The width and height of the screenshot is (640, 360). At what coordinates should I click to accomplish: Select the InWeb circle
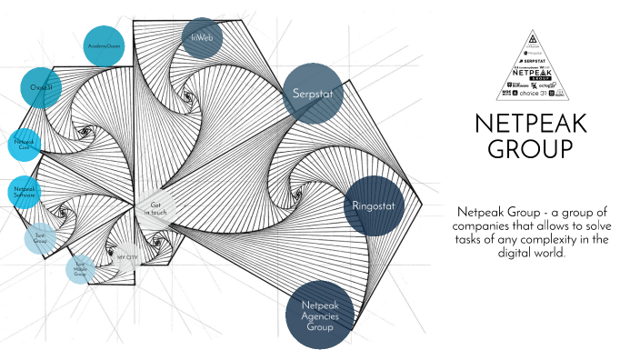[x=202, y=36]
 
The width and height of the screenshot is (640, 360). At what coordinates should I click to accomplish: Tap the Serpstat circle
[x=312, y=93]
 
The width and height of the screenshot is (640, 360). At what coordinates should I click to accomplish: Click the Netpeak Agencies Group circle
[x=319, y=315]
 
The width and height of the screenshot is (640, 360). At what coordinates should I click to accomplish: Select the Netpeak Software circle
[x=25, y=192]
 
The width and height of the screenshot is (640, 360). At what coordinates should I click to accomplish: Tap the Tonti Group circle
[x=40, y=238]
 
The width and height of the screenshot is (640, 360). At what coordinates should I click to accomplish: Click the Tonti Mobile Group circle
[x=80, y=268]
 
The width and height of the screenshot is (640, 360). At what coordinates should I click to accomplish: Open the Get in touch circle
[x=154, y=208]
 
